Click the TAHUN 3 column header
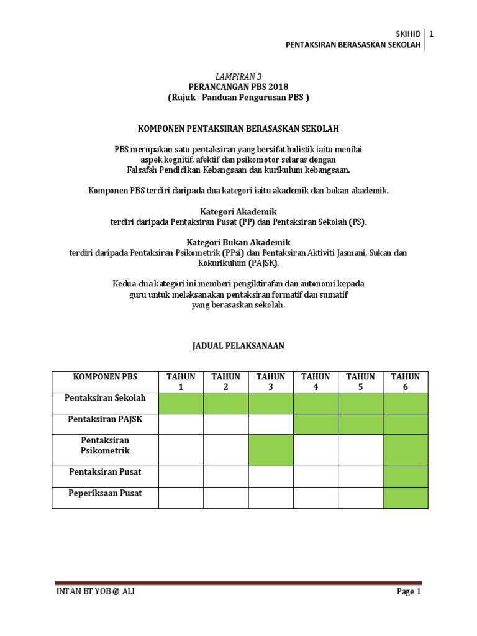coord(270,381)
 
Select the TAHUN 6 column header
coord(405,381)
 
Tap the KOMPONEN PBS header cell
coord(105,377)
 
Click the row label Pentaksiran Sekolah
coord(105,397)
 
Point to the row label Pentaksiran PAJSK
coord(105,419)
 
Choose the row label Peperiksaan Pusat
coord(105,493)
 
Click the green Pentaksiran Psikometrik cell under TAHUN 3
coord(270,450)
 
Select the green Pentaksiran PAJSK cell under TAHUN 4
coord(316,424)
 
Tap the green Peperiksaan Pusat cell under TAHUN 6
coord(405,498)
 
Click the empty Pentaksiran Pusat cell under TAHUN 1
coord(181,476)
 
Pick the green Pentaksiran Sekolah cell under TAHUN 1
coord(181,403)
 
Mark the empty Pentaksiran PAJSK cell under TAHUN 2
coord(225,424)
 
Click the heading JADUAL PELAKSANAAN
coord(238,346)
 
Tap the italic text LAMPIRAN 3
coord(238,76)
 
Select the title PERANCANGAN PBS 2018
coord(238,86)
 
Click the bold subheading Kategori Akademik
coord(238,211)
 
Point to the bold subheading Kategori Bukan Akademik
coord(238,242)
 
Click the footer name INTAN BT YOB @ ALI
coord(95,591)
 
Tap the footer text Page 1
coord(409,591)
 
